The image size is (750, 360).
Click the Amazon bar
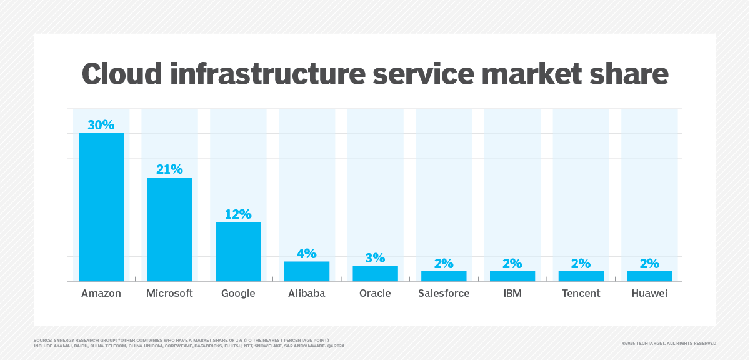(x=101, y=207)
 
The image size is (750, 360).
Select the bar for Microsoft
(x=169, y=229)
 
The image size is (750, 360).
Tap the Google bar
(x=238, y=252)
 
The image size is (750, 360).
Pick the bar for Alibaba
(x=307, y=271)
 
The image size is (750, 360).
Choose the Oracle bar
(x=375, y=274)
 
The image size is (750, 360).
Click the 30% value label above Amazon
(x=101, y=125)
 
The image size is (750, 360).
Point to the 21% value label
(x=169, y=169)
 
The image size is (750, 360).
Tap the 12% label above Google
(x=238, y=214)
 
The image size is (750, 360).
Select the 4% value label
(x=307, y=254)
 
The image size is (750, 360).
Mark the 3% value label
(x=375, y=258)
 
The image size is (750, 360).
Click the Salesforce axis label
(x=444, y=293)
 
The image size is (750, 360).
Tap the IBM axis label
(x=512, y=293)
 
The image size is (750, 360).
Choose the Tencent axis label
(x=581, y=293)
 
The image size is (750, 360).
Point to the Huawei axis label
(x=649, y=293)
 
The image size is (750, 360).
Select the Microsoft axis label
(x=169, y=293)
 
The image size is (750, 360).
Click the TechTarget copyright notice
(x=669, y=343)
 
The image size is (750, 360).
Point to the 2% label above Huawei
(x=649, y=264)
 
